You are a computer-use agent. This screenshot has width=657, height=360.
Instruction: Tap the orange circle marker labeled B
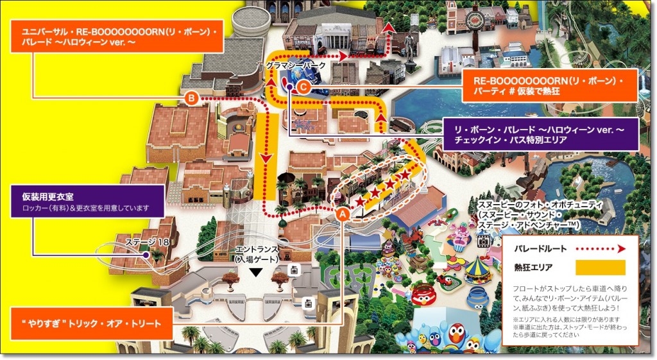tap(191, 98)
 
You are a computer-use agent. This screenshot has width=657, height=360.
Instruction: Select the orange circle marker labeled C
tap(304, 85)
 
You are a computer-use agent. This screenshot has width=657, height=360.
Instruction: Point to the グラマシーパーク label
tap(296, 65)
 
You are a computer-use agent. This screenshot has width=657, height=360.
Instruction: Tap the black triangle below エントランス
tap(256, 273)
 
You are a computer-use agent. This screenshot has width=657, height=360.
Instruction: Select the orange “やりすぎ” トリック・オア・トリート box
tap(92, 324)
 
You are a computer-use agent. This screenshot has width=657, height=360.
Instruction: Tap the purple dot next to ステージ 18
tap(147, 255)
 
